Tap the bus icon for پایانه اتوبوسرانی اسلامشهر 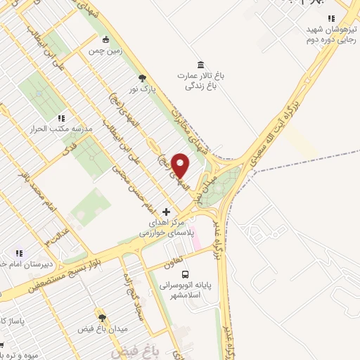[x=185, y=275]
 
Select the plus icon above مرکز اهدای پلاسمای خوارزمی [x=167, y=211]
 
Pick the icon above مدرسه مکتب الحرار [x=61, y=118]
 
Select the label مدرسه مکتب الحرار [x=53, y=129]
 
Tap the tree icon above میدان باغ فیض [x=101, y=319]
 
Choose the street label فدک [x=69, y=148]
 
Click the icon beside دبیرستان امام [x=20, y=253]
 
